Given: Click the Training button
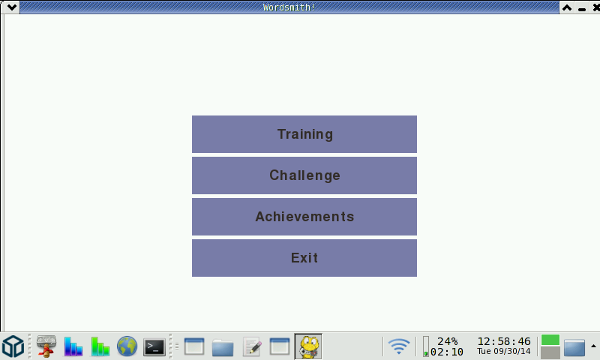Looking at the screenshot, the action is click(304, 134).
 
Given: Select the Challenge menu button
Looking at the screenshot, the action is click(304, 175).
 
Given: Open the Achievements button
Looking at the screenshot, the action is click(304, 217).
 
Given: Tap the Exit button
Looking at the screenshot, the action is click(304, 258).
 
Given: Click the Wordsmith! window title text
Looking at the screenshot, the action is click(289, 7).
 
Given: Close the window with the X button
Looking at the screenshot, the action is click(595, 7).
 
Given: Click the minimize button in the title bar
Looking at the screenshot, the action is click(582, 7).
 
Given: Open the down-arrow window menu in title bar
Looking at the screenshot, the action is click(11, 7).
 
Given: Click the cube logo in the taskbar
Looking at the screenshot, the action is click(13, 346).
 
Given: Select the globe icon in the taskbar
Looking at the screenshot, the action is click(127, 346).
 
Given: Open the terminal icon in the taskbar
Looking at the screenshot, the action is click(154, 347).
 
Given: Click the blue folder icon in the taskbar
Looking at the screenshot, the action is click(223, 347).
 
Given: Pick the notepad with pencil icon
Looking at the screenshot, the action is click(252, 346).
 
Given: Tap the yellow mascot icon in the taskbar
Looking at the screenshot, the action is click(308, 346).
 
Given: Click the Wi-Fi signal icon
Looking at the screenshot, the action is click(399, 346).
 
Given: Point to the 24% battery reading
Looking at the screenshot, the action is click(447, 341).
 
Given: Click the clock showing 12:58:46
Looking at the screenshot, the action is click(504, 341).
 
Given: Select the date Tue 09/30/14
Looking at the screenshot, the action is click(504, 351).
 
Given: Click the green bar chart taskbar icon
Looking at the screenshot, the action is click(100, 346).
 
